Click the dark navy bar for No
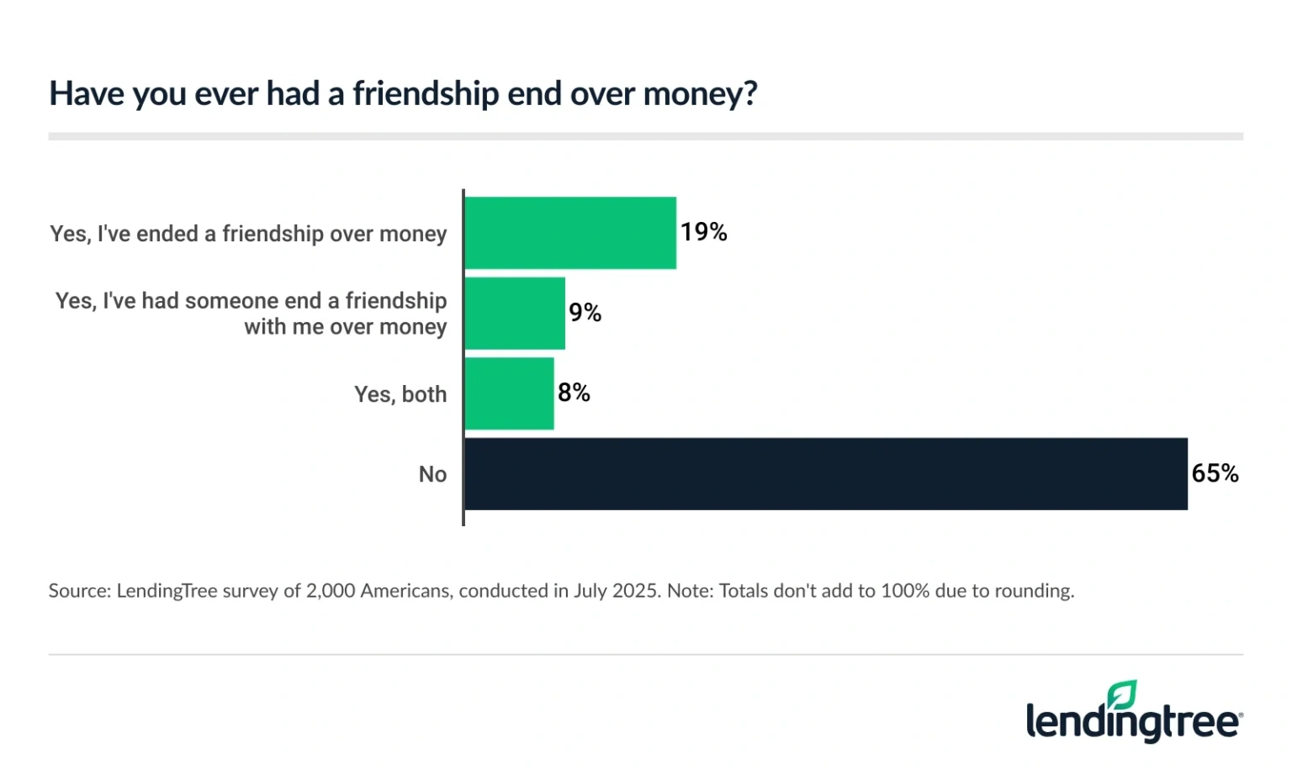coord(825,474)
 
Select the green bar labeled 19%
coord(570,233)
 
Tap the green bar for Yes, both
coord(509,393)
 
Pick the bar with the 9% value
coord(515,314)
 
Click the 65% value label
coord(1215,473)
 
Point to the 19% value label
coord(703,232)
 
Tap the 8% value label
coord(574,393)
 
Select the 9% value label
coord(585,313)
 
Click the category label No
coord(432,475)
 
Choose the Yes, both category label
coord(400,394)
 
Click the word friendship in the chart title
coord(426,93)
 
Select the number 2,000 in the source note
coord(331,591)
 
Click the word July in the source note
coord(590,591)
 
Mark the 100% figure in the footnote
coord(904,591)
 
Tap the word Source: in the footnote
coord(80,591)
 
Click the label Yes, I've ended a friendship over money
coord(248,234)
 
